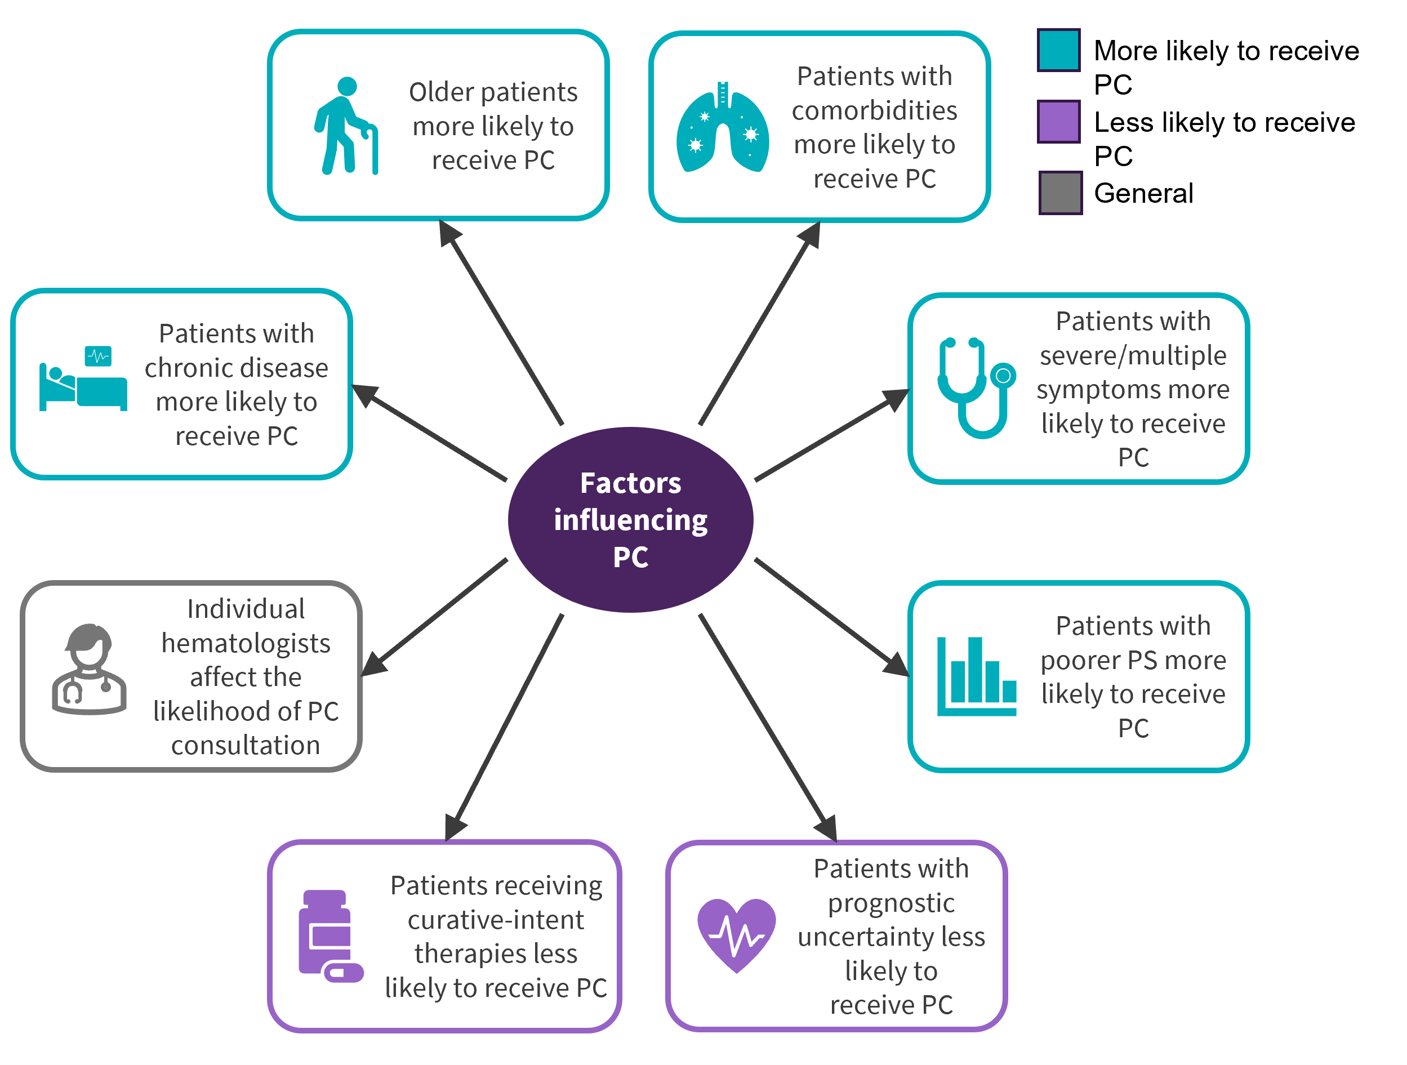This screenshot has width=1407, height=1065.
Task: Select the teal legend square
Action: [1058, 50]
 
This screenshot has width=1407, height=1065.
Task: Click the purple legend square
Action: [1058, 121]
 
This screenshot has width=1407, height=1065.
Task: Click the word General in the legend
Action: [1143, 193]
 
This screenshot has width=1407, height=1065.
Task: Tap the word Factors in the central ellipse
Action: [630, 484]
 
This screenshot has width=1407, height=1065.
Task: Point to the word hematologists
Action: [246, 643]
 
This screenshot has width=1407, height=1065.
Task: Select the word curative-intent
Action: [496, 920]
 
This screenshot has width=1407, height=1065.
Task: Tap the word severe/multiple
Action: [1133, 355]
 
